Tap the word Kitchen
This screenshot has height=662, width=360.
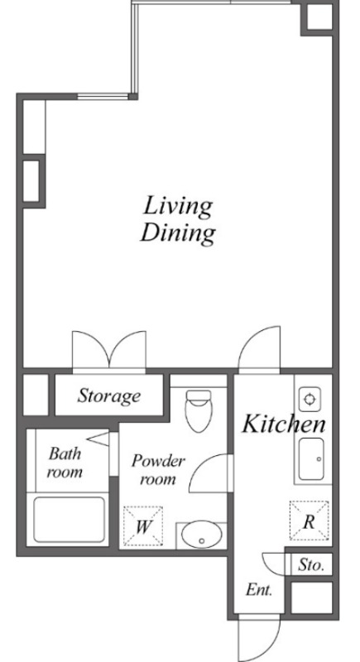284,424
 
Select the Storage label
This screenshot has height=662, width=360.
109,396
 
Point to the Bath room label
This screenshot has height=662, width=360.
65,463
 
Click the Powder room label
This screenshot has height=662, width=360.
158,469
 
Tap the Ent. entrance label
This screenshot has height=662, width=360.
259,590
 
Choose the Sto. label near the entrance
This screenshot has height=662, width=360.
311,565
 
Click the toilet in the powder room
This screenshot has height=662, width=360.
199,410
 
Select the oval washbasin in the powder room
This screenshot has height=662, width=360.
202,535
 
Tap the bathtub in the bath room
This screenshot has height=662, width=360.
70,520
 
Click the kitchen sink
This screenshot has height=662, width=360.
311,459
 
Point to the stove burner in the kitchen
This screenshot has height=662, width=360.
310,399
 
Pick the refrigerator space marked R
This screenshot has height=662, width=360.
309,520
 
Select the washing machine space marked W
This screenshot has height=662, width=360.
143,526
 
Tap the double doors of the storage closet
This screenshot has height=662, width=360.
109,351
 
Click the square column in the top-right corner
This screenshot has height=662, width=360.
319,17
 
